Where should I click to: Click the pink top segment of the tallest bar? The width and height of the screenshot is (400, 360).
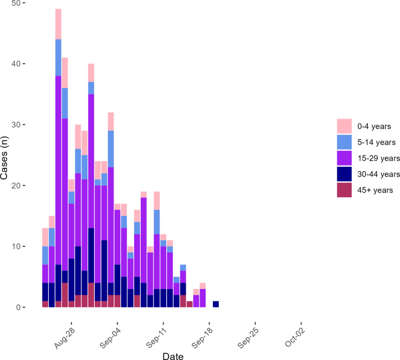click(58, 24)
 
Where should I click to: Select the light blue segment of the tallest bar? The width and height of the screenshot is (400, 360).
click(58, 58)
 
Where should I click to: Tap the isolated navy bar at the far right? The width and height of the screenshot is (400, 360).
click(216, 304)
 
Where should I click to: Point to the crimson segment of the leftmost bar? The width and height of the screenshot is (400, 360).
click(45, 304)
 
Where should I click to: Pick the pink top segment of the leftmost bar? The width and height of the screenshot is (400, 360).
click(45, 237)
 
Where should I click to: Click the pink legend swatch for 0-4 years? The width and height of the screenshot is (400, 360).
click(344, 126)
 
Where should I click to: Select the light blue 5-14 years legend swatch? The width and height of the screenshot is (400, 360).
click(344, 142)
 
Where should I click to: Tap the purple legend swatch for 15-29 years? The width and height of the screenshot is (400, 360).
click(344, 158)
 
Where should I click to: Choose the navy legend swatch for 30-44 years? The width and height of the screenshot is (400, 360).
click(344, 174)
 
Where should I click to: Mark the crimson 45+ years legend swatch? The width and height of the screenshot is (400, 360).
click(344, 190)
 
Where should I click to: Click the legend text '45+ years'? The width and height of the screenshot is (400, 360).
click(375, 190)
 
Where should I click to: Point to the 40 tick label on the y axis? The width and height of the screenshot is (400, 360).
click(16, 64)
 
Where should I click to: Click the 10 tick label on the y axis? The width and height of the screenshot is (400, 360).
click(16, 246)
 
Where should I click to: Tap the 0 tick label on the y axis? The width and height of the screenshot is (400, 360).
click(18, 307)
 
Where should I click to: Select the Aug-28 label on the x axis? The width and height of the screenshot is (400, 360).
click(65, 338)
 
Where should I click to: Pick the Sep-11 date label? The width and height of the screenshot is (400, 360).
click(156, 338)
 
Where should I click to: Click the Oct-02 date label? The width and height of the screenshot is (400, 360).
click(295, 337)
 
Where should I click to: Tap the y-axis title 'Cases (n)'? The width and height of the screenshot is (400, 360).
click(4, 158)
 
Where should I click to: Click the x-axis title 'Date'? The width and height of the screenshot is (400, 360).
click(173, 356)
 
